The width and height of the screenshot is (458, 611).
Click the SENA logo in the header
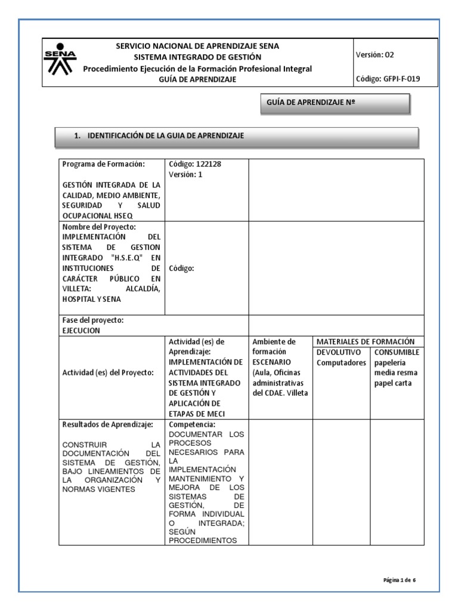pos(60,60)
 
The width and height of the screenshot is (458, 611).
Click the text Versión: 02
pos(375,55)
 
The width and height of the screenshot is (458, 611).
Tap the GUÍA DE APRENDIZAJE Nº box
pos(335,103)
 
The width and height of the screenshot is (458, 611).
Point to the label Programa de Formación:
pos(103,164)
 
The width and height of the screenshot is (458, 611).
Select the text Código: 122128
pos(191,164)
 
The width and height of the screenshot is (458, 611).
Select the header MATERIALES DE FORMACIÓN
pos(365,341)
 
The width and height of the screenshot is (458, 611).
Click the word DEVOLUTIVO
pos(339,352)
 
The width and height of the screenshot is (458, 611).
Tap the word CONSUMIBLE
pos(397,352)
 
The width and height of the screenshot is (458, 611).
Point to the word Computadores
pos(341,362)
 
